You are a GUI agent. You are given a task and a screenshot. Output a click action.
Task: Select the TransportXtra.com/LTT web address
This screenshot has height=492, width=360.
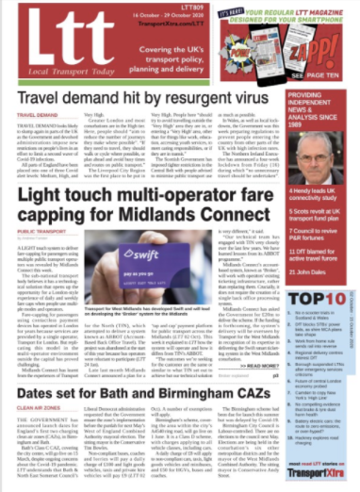tap(162, 25)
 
